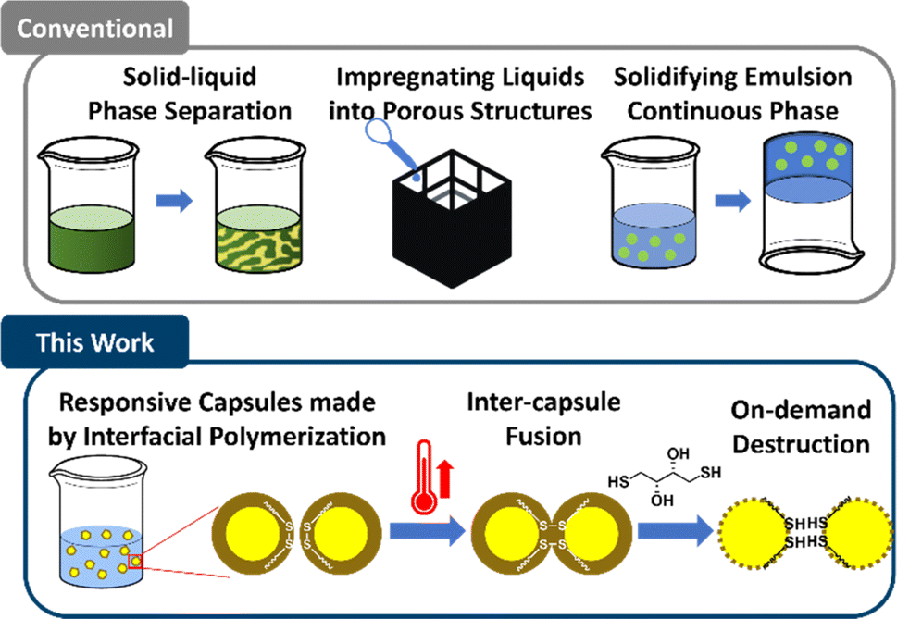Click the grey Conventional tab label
[x=95, y=28]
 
